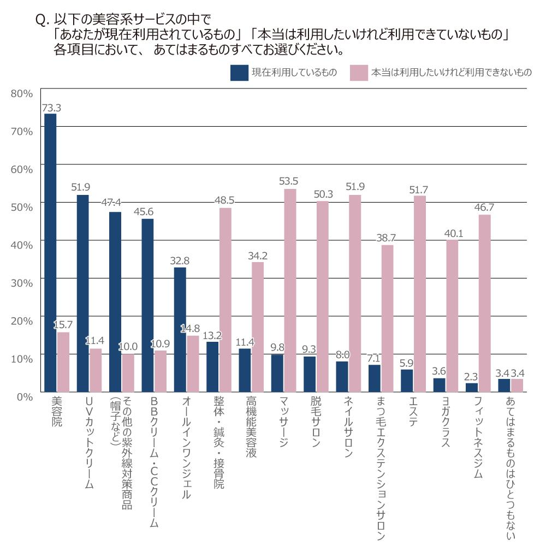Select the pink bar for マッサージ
pos(290,290)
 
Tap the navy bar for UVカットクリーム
pos(82,293)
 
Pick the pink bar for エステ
pos(419,294)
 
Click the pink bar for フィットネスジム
pos(484,303)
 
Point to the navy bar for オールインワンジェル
pos(180,329)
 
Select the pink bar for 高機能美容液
pos(258,327)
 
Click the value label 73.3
pos(51,108)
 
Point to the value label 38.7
pos(387,239)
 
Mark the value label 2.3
pos(471,376)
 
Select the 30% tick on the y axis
pos(22,282)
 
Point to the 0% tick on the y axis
pos(24,395)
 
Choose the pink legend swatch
pos(358,73)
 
